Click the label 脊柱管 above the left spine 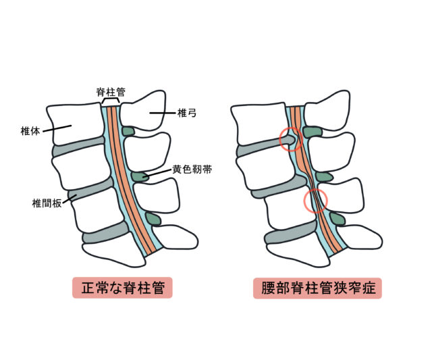click(x=111, y=92)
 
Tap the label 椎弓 click(x=187, y=113)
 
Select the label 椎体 click(x=30, y=131)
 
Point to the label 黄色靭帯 click(x=192, y=170)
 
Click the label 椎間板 click(x=47, y=203)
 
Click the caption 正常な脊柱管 click(x=123, y=288)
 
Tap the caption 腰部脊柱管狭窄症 click(x=318, y=288)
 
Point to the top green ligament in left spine click(x=128, y=131)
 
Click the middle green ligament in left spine click(x=140, y=177)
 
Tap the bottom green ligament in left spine click(x=153, y=219)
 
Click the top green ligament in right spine click(x=313, y=132)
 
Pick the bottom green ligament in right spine click(x=337, y=219)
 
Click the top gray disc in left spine click(x=78, y=146)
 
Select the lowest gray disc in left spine click(x=106, y=232)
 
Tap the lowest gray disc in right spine click(x=291, y=232)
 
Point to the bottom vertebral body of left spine click(x=114, y=255)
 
